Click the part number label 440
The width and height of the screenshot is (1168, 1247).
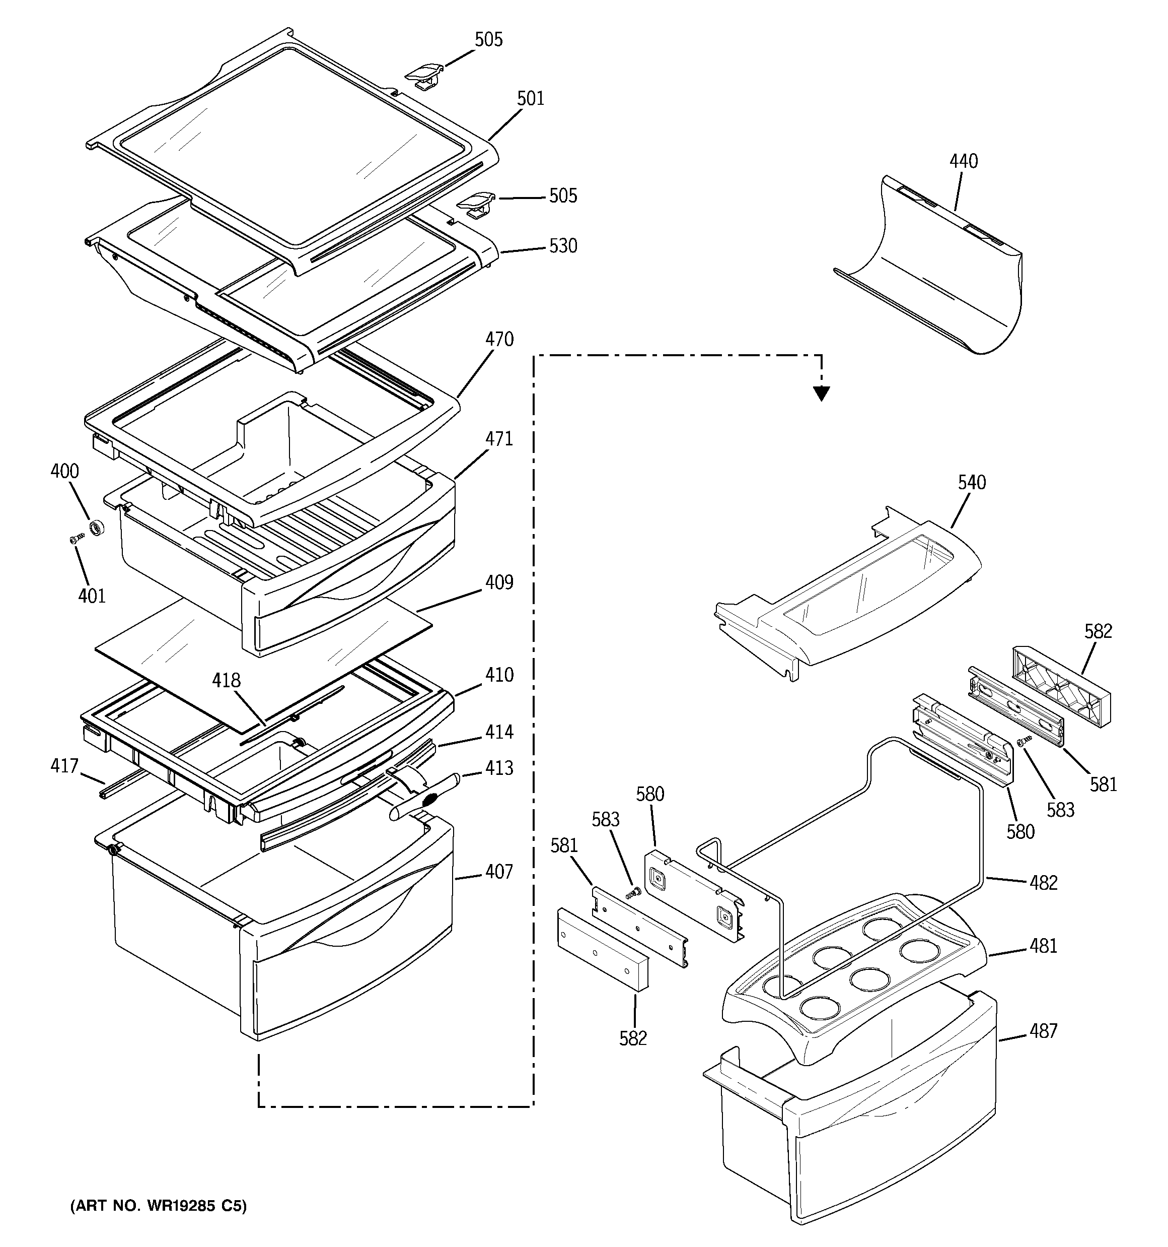pos(963,162)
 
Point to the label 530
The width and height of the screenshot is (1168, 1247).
pos(563,246)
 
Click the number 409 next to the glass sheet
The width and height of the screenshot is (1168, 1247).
pos(499,583)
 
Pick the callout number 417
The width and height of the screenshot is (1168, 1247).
pos(64,766)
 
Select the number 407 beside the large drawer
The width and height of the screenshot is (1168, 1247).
pos(499,872)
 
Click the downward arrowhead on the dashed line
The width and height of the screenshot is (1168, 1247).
pos(821,393)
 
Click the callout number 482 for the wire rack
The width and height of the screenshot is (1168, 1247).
pos(1043,883)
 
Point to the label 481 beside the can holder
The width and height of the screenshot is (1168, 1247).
pos(1043,963)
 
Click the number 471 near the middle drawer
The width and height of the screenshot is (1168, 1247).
pos(499,439)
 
